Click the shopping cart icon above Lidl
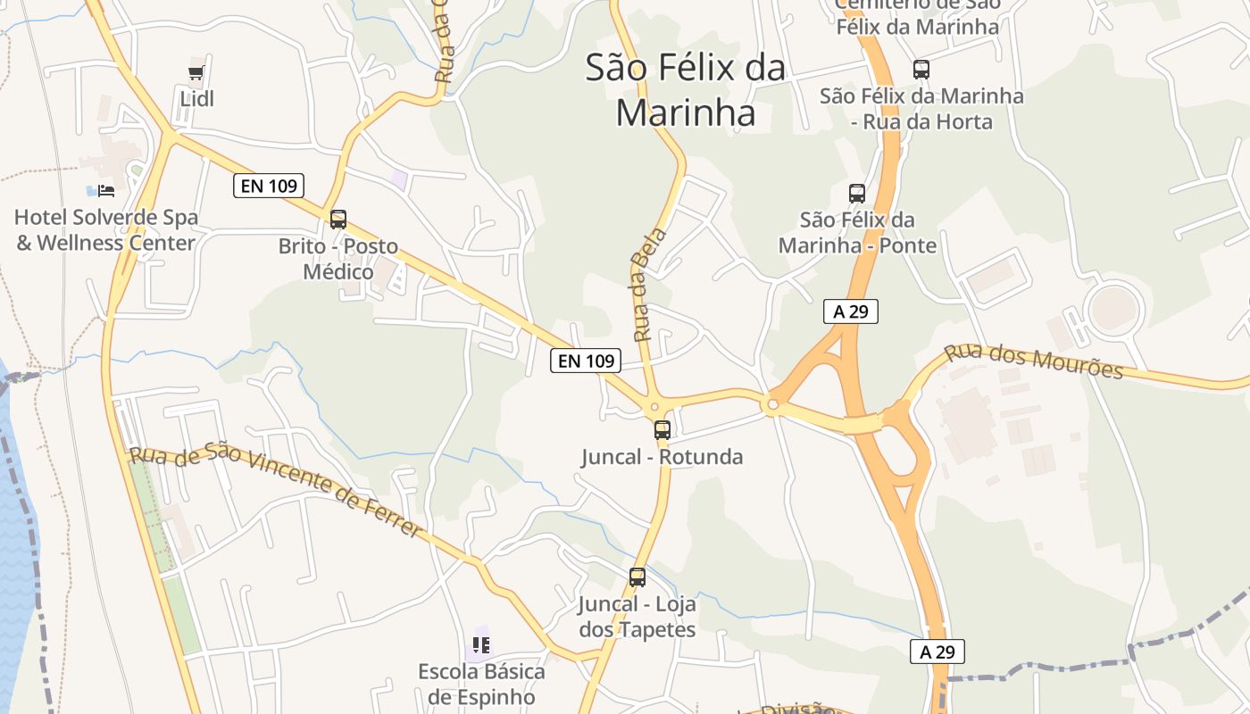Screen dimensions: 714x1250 (196, 73)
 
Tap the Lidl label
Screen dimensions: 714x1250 (196, 98)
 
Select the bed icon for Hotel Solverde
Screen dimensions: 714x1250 (106, 190)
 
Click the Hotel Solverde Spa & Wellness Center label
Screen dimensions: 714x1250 (106, 230)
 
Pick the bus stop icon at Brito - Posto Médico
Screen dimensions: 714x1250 (337, 220)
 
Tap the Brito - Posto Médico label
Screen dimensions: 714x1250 (337, 259)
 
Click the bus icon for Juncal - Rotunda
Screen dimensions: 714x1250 (662, 430)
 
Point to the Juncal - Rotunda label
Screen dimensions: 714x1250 (662, 457)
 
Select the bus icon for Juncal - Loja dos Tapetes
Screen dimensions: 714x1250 (637, 577)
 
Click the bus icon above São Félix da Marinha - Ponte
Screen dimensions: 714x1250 (856, 193)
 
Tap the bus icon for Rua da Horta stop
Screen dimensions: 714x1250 (921, 69)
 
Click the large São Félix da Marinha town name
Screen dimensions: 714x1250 (686, 90)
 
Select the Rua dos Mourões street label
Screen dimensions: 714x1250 (1033, 360)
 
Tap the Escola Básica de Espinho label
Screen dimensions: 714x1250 (481, 684)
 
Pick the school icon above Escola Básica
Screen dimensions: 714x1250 (481, 644)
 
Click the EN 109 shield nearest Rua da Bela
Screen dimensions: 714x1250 (585, 361)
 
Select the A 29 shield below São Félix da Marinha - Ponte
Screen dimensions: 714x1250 (851, 311)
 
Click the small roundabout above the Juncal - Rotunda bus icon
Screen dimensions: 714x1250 (654, 408)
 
